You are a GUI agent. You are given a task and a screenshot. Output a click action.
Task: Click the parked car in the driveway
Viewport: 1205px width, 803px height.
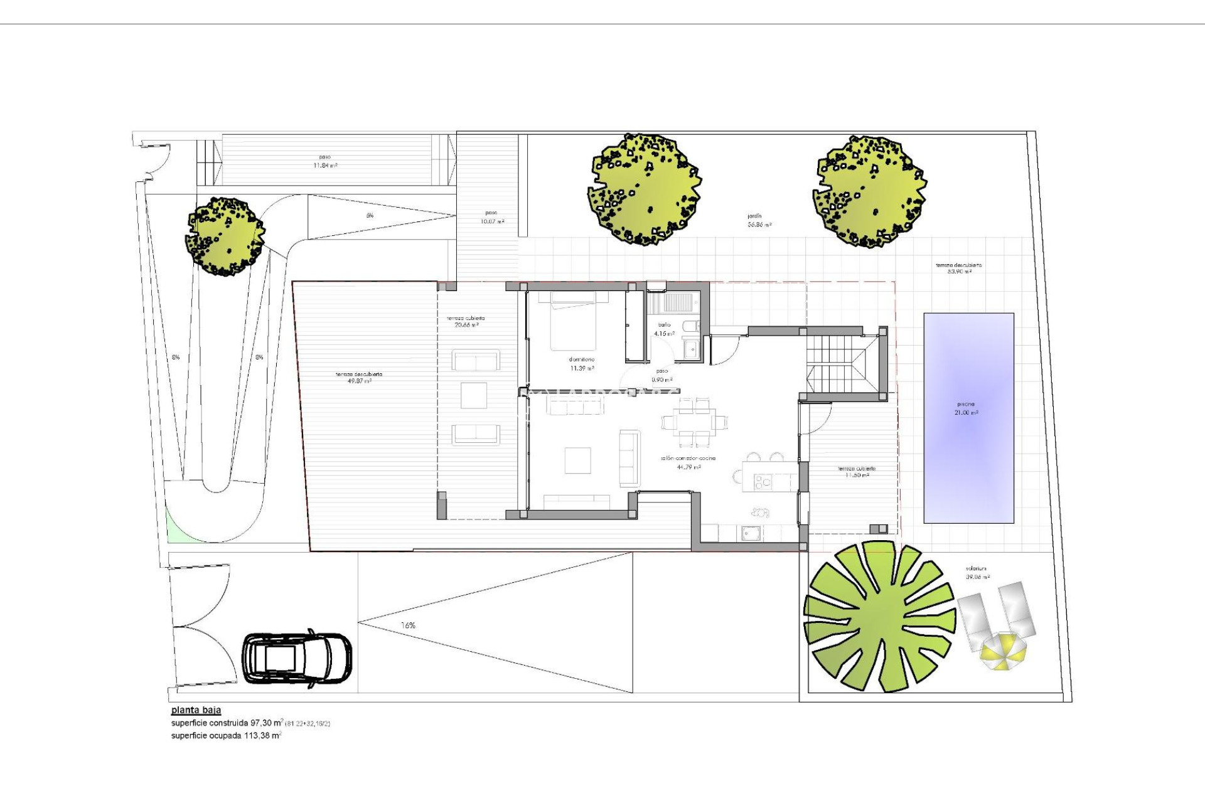tap(297, 659)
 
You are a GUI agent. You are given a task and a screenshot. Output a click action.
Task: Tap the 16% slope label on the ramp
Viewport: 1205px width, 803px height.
tap(408, 625)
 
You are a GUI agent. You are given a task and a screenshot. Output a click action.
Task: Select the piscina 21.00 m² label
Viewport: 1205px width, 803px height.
tap(967, 408)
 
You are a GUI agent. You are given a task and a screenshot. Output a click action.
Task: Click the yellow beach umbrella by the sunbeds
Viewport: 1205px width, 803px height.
tap(1003, 651)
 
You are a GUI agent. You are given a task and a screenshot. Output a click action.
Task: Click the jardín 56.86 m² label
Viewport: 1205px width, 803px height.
tap(759, 220)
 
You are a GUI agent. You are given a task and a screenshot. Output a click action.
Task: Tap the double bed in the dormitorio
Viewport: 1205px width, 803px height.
tap(574, 321)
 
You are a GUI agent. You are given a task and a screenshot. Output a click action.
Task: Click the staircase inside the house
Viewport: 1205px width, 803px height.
tap(838, 363)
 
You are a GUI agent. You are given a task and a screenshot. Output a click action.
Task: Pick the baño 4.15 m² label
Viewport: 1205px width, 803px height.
tap(664, 329)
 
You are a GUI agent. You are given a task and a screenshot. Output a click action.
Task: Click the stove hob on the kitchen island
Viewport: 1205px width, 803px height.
tap(762, 482)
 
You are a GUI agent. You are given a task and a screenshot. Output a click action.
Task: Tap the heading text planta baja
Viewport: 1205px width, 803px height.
tap(196, 710)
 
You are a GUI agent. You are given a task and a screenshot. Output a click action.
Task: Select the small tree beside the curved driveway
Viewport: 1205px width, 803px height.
tap(225, 237)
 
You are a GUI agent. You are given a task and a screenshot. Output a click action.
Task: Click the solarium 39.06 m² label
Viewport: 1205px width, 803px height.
tap(977, 573)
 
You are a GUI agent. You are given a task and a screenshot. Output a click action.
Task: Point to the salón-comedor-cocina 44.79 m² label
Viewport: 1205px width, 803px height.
tap(688, 462)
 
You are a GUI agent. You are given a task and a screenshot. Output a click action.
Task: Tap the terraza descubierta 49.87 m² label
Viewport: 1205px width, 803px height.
tap(358, 378)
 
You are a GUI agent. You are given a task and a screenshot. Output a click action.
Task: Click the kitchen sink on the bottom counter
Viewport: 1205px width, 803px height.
tap(751, 533)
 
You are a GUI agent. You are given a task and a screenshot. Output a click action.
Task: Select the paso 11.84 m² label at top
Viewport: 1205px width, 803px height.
tap(324, 161)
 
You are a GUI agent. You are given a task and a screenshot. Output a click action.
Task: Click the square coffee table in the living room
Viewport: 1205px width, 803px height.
tap(577, 460)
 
